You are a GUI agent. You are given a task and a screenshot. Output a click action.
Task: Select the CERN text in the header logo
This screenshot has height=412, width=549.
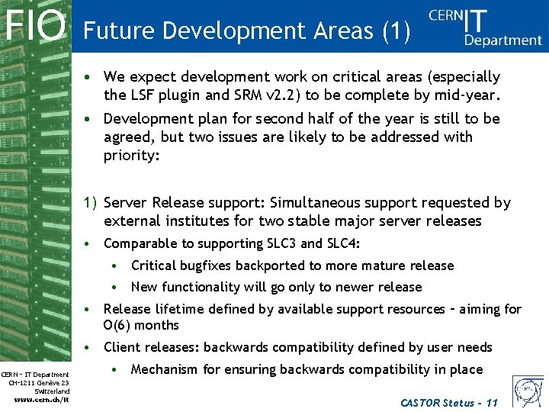coord(446,17)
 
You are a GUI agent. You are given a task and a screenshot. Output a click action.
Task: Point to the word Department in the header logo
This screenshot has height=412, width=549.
coord(503,40)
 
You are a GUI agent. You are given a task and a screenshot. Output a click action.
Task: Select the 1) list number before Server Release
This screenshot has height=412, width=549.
coord(90,202)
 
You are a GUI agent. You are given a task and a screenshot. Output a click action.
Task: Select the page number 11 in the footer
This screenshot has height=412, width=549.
coord(491,402)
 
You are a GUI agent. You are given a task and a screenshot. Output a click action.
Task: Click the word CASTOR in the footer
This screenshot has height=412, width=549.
coord(420,402)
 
